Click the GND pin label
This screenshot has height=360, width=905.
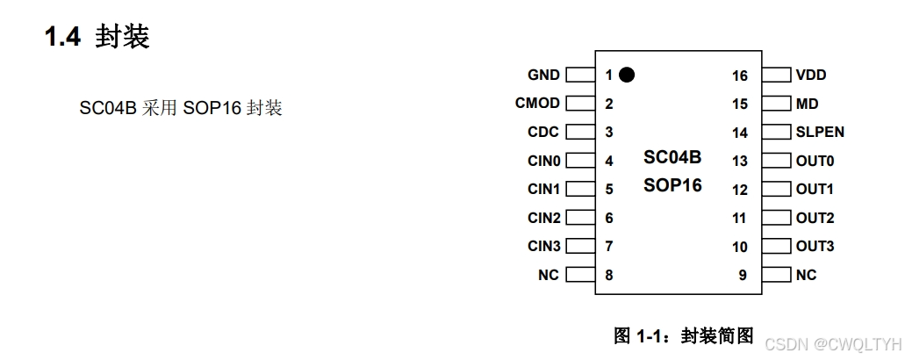click(543, 76)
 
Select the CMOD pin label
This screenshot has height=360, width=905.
click(537, 104)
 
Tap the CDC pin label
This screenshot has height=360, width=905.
click(543, 133)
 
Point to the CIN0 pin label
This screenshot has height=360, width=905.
click(543, 161)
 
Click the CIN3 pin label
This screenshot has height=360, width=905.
click(543, 246)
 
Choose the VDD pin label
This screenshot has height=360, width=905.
click(811, 76)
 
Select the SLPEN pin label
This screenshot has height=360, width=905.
click(820, 133)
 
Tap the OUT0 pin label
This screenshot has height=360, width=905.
click(815, 161)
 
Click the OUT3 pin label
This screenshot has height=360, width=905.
click(815, 246)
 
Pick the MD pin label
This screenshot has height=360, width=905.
click(807, 104)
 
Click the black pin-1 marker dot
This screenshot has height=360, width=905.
click(626, 75)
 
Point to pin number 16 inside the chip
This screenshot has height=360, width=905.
click(739, 76)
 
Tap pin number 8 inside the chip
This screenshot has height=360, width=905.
click(608, 275)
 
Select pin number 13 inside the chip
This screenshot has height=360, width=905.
click(739, 162)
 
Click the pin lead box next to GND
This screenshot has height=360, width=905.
click(580, 76)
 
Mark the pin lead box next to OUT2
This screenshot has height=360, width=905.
click(776, 218)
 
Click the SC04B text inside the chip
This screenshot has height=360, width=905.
click(672, 158)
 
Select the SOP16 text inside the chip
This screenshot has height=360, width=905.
click(672, 185)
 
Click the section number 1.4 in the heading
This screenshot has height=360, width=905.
click(63, 38)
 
